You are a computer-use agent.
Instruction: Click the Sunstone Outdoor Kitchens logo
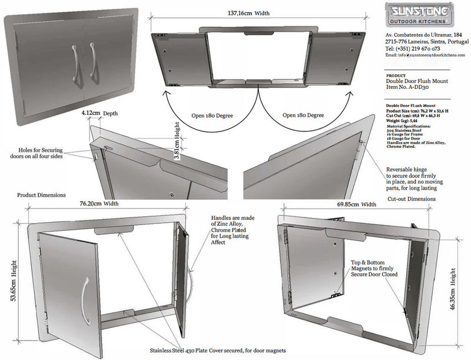[419, 15]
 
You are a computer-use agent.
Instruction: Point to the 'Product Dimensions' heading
[41, 194]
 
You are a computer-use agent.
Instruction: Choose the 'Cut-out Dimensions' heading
[412, 199]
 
